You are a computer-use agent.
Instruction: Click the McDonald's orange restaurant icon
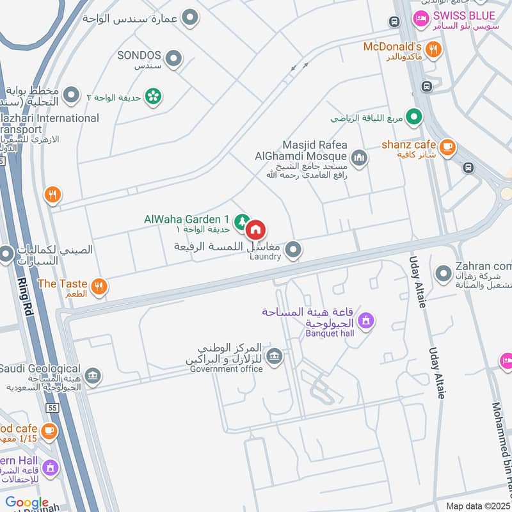tap(433, 49)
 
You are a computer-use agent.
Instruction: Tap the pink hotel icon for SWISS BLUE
tap(422, 18)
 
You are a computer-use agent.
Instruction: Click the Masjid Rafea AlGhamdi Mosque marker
tap(359, 157)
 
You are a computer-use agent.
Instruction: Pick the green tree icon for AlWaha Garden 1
tap(241, 221)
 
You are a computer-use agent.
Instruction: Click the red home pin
tap(255, 230)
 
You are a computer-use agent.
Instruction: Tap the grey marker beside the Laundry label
tap(292, 250)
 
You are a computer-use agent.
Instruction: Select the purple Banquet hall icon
tap(365, 320)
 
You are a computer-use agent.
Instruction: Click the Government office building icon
tap(274, 356)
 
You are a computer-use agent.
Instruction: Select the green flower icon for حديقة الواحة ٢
tap(153, 97)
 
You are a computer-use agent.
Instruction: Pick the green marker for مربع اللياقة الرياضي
tap(415, 117)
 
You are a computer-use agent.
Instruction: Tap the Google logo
tap(27, 503)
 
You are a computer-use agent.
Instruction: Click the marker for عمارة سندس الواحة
tap(189, 18)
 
